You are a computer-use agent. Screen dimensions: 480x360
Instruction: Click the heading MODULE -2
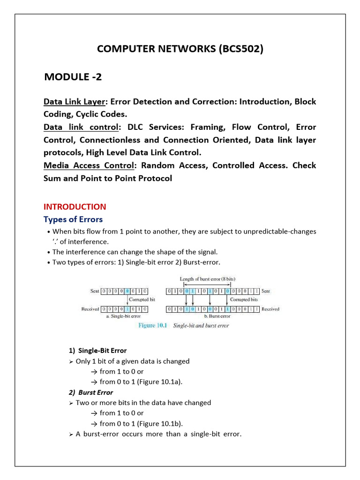[73, 77]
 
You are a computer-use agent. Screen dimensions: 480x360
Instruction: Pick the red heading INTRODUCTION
[75, 207]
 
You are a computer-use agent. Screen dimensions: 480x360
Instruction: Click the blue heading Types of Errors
[73, 219]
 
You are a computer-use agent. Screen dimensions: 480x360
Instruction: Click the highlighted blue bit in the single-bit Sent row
[127, 291]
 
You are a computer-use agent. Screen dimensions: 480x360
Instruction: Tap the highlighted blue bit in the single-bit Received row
[127, 309]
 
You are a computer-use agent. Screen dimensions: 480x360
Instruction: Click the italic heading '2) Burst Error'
[91, 392]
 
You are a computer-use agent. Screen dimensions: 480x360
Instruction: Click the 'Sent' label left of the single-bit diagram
[94, 291]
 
